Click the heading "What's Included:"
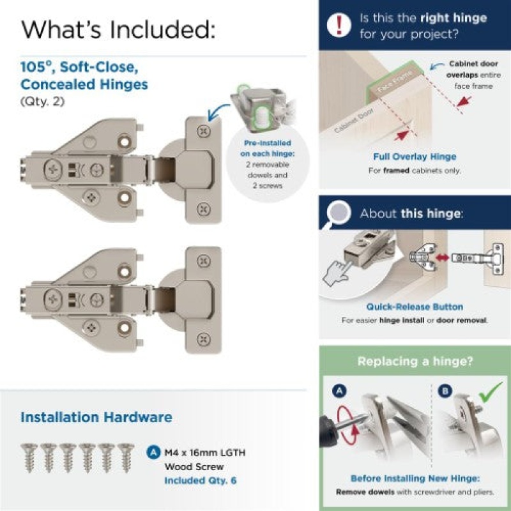click(x=118, y=29)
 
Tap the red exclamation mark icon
click(x=339, y=25)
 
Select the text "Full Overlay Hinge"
click(x=415, y=156)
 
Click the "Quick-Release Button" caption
click(x=415, y=307)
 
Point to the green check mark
click(x=490, y=392)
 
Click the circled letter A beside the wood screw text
click(x=153, y=452)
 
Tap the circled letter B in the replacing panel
click(x=445, y=391)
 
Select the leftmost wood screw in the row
click(x=29, y=457)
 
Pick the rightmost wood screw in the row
click(x=126, y=457)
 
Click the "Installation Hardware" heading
click(x=96, y=417)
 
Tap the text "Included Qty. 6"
click(x=201, y=480)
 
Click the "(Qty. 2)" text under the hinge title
click(x=43, y=102)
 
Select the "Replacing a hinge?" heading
click(x=415, y=361)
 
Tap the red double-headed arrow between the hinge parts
click(x=442, y=257)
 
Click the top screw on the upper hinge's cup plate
click(x=203, y=131)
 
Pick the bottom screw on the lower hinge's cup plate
click(x=203, y=339)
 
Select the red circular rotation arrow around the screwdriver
click(x=346, y=425)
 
